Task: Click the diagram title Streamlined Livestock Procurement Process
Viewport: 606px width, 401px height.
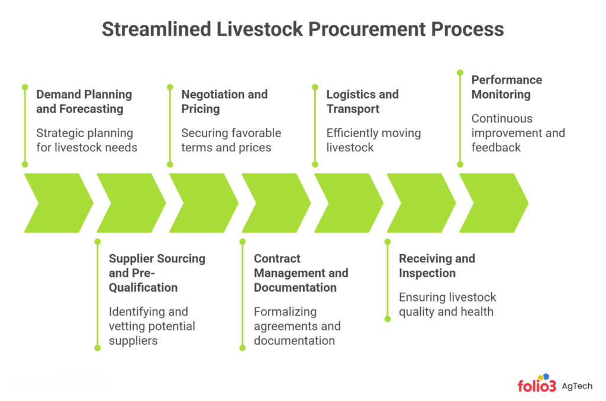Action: [302, 29]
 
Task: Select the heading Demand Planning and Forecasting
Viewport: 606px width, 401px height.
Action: [83, 102]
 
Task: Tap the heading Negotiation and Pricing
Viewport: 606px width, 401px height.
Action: [224, 102]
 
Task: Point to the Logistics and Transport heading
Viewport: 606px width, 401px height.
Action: [362, 102]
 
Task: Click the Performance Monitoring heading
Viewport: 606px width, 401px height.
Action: [506, 87]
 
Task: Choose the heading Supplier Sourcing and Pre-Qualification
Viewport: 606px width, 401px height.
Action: [157, 273]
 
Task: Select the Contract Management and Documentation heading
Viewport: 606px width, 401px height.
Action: [301, 273]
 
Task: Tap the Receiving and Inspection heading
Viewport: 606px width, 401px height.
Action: [436, 266]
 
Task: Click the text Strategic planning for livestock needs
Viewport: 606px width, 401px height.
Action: [86, 140]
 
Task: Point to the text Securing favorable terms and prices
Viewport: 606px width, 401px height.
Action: [231, 140]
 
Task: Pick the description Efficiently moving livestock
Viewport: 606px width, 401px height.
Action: [373, 140]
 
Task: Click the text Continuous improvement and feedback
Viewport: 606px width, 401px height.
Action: [518, 133]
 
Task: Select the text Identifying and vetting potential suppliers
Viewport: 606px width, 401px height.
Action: [151, 326]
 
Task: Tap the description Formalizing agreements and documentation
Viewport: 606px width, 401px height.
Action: [297, 326]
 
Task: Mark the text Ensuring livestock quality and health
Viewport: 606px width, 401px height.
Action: [447, 304]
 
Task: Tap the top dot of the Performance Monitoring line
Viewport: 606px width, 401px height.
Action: [460, 72]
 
